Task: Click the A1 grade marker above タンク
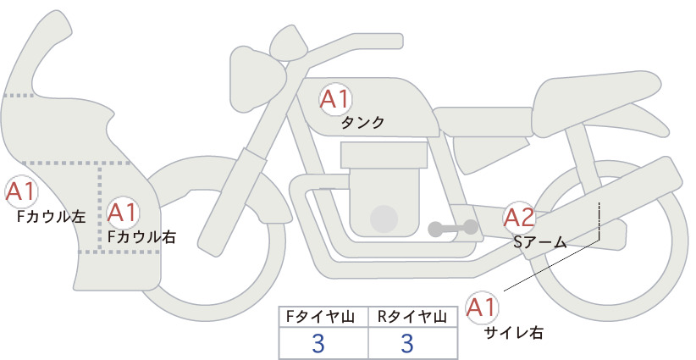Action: pos(335,99)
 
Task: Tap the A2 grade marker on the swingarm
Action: pos(519,218)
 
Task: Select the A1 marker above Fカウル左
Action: pos(21,191)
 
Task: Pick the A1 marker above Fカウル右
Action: pos(122,213)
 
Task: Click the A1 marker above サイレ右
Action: pos(482,307)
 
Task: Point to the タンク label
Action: pos(362,123)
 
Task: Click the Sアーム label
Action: pos(539,242)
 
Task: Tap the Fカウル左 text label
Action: pos(51,217)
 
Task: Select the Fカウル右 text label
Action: pos(142,237)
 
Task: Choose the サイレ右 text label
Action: pos(514,333)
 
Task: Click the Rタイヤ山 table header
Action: pos(412,317)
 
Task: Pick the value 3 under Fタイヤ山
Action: pos(318,343)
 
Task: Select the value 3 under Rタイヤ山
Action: pos(407,343)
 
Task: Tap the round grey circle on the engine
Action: pos(384,219)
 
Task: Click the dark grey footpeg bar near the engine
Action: pos(453,228)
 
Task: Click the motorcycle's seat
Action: pos(597,102)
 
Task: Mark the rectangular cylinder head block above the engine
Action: pos(384,155)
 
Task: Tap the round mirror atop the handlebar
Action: pos(289,44)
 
